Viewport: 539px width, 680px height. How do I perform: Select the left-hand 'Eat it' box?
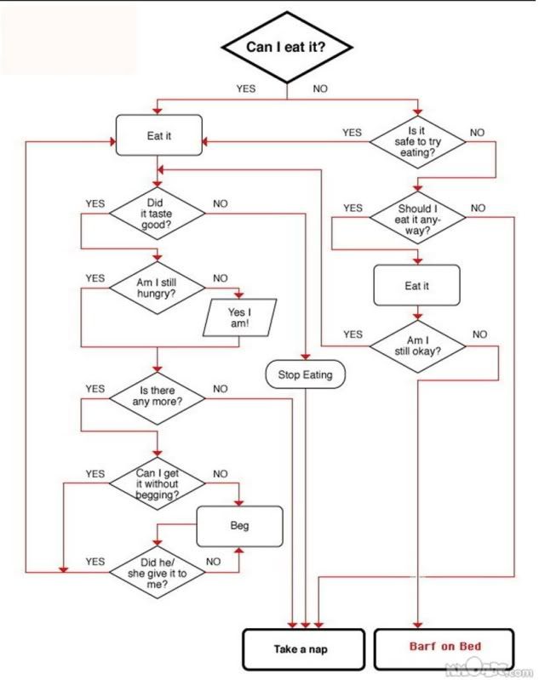[159, 135]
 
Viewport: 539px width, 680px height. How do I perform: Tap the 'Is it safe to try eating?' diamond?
[416, 141]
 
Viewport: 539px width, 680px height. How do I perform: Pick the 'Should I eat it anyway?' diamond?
[416, 219]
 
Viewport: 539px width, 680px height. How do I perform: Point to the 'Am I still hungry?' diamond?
[156, 289]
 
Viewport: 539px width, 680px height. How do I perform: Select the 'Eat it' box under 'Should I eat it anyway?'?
[416, 286]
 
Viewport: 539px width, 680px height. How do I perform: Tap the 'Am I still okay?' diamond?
[416, 345]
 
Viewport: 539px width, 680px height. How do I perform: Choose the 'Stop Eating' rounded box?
[305, 374]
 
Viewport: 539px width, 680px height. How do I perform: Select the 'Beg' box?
[239, 526]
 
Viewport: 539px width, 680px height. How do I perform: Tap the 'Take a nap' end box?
[305, 650]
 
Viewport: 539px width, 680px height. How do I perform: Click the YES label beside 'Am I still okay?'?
[353, 334]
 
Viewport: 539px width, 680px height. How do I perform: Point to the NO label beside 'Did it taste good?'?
[221, 203]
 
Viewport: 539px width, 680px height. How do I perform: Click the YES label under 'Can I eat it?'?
[245, 89]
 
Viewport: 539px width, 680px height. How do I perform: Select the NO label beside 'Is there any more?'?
[221, 388]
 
